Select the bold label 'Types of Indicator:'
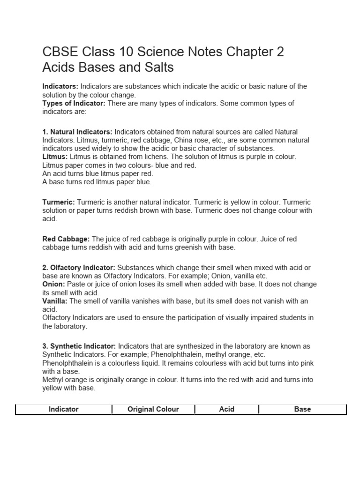click(74, 103)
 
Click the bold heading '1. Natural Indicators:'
click(77, 132)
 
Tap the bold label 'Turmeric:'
click(59, 202)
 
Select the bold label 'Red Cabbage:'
click(66, 239)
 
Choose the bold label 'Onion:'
click(54, 285)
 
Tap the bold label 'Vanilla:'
click(56, 301)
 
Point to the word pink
click(308, 363)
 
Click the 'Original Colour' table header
click(153, 409)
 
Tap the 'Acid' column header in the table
click(226, 409)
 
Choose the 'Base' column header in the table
click(302, 409)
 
